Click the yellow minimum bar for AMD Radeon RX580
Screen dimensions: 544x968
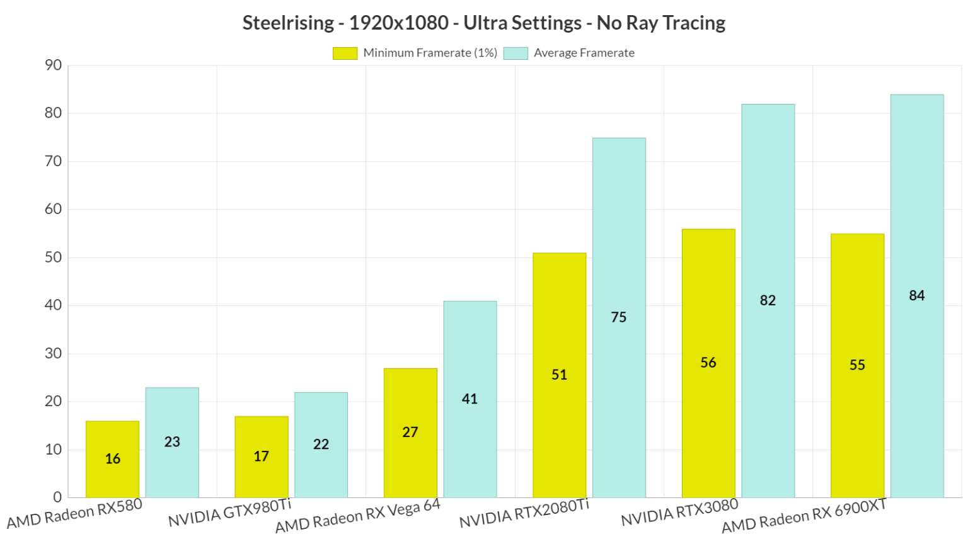tap(112, 460)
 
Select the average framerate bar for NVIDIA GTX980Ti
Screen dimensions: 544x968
tap(321, 445)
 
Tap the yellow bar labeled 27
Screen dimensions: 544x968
tap(410, 433)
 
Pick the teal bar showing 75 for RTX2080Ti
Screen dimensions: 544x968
tap(619, 318)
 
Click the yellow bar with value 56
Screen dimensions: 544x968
tap(708, 363)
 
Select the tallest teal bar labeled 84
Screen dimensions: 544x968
tap(917, 296)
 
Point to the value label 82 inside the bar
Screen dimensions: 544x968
tap(768, 300)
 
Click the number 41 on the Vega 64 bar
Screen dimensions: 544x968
tap(470, 399)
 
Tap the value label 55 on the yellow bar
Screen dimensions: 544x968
tap(857, 365)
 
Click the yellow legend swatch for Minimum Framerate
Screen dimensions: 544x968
tap(345, 54)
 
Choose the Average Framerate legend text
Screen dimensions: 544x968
tap(584, 53)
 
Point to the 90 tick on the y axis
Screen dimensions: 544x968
tap(54, 65)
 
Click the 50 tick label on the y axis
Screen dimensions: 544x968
tap(54, 257)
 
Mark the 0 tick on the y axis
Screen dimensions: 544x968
tap(57, 497)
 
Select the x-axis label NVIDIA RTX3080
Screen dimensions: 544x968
tap(679, 513)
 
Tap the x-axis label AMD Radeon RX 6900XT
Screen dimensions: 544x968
tap(804, 516)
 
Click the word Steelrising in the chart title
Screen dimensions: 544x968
tap(288, 23)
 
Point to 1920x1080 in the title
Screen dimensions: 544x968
tap(398, 23)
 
